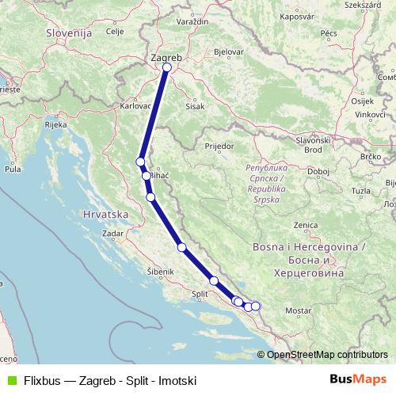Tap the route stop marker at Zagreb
(166, 67)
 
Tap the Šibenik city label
(161, 271)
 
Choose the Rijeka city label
(55, 125)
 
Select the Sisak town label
(195, 105)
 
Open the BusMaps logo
(358, 380)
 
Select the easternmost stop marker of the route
(255, 306)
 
